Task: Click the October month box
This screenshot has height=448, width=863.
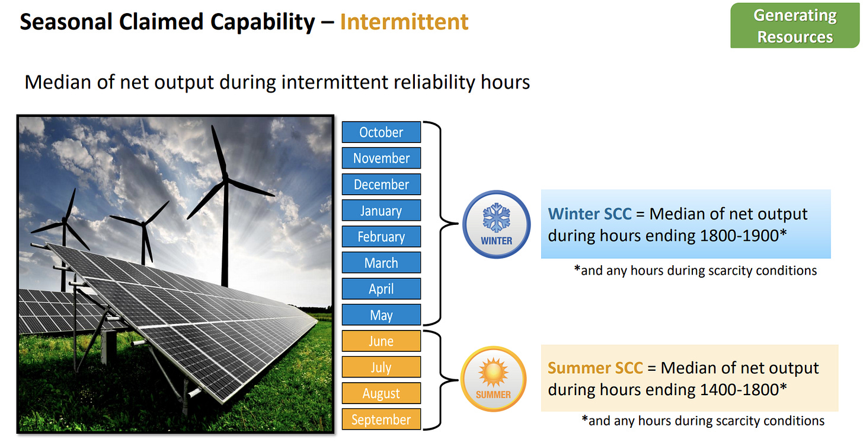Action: click(x=381, y=132)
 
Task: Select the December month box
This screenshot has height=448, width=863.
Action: click(x=381, y=185)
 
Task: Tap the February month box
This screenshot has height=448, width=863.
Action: click(x=381, y=236)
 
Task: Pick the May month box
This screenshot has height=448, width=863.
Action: click(x=381, y=315)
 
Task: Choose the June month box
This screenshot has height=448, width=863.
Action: click(x=381, y=341)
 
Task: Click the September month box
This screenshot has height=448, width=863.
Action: click(x=381, y=419)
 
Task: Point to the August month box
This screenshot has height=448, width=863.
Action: click(x=381, y=393)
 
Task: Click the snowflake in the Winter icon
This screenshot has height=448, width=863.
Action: click(x=496, y=218)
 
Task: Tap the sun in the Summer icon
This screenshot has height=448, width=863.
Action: click(x=493, y=373)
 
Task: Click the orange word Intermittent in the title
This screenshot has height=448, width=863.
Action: click(x=404, y=21)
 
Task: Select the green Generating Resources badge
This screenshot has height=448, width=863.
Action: click(x=795, y=26)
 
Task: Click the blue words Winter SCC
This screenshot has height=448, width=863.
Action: click(x=589, y=214)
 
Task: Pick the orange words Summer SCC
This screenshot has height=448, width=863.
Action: click(x=595, y=368)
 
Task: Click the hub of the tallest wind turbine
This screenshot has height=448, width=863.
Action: click(x=225, y=179)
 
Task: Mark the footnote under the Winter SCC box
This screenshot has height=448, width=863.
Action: click(x=695, y=271)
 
